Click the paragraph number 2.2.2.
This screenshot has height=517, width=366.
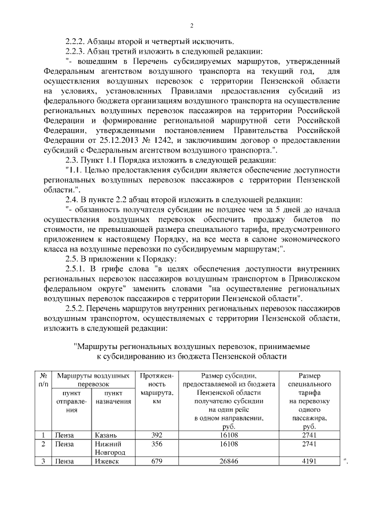[77, 41]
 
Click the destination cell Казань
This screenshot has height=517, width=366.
[107, 435]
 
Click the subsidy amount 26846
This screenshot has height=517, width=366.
[229, 461]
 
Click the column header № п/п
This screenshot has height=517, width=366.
[43, 380]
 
